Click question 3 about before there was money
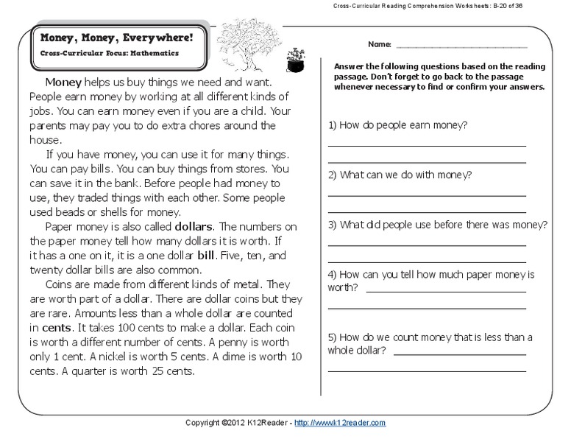pyautogui.click(x=438, y=224)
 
